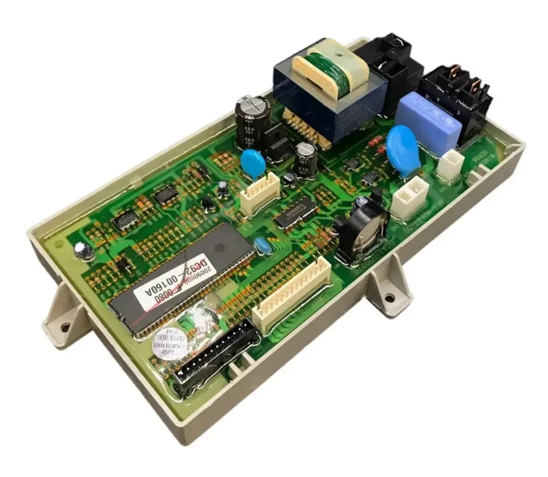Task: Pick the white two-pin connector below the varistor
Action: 410,196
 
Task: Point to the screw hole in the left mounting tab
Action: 64,328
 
